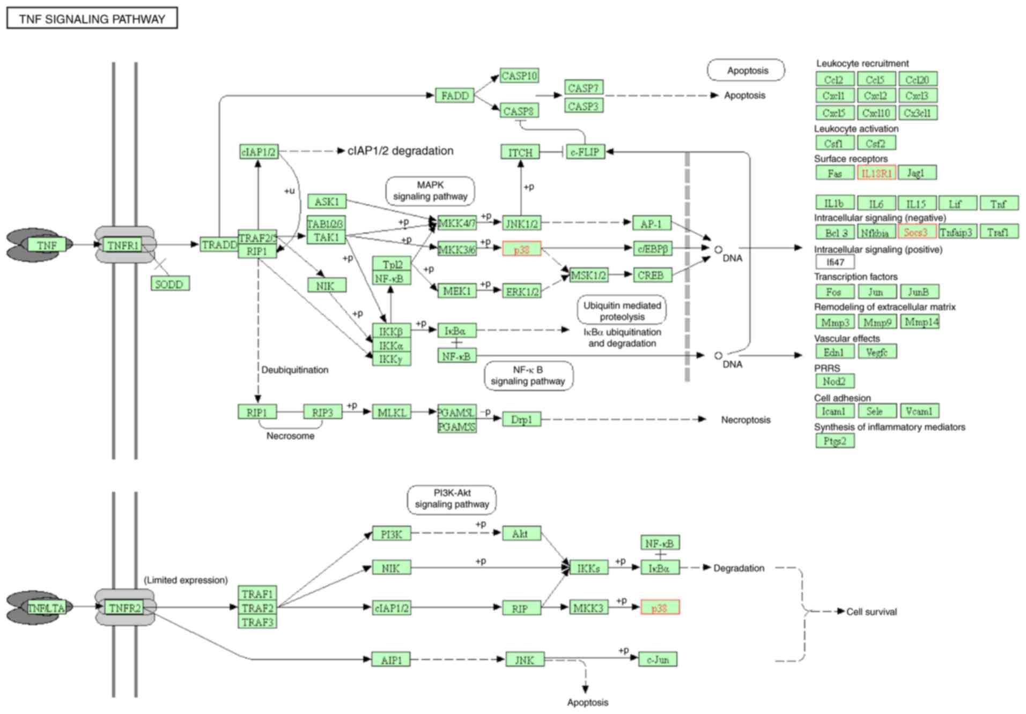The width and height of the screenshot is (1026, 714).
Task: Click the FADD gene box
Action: [454, 95]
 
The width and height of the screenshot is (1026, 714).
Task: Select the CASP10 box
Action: [519, 76]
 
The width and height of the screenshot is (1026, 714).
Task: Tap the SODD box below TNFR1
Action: [169, 284]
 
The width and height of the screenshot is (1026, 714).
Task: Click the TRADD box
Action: [219, 244]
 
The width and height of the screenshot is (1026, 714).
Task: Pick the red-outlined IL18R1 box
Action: [876, 173]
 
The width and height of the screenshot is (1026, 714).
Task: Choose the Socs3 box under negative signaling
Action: [917, 232]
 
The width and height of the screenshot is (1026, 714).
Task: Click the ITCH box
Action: [520, 152]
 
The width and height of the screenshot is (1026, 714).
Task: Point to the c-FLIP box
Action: [585, 152]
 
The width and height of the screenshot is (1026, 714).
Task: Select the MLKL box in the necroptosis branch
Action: [392, 412]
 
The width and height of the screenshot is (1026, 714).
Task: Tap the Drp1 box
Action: [521, 419]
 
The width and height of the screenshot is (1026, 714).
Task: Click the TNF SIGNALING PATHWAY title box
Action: [92, 19]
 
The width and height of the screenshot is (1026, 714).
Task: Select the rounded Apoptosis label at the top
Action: [747, 70]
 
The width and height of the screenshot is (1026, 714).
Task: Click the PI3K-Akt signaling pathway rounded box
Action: [452, 499]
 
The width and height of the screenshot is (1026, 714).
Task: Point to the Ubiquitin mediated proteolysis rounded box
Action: [622, 310]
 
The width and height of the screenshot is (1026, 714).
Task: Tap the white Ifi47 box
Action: [835, 262]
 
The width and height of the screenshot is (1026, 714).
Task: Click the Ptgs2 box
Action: [835, 441]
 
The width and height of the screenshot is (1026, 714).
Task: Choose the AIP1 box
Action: [391, 659]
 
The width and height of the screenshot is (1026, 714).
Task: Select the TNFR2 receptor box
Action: [124, 607]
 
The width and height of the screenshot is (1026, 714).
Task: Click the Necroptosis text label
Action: [745, 420]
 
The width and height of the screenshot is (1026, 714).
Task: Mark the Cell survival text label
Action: [871, 612]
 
